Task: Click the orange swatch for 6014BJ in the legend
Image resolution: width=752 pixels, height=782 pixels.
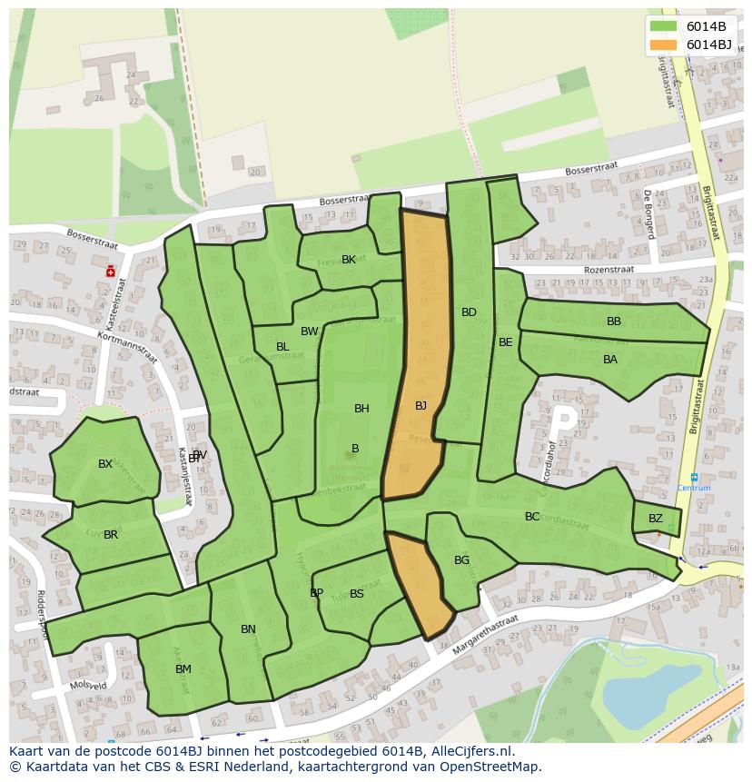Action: point(664,45)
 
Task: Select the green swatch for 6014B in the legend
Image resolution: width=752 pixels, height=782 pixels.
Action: point(664,25)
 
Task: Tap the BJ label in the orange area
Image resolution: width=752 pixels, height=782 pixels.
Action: point(421,406)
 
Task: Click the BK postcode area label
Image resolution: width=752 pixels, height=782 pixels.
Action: point(349,260)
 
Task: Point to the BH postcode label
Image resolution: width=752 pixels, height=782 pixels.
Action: point(361,409)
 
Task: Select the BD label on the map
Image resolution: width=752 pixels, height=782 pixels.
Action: point(469,312)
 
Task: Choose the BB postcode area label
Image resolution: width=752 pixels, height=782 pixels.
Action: point(614,322)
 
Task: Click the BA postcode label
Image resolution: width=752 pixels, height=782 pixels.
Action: point(610,360)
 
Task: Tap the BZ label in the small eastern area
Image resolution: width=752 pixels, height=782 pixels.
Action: point(656,519)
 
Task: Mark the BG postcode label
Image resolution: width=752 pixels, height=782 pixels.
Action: point(462,560)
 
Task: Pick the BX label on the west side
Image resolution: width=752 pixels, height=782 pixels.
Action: point(105,464)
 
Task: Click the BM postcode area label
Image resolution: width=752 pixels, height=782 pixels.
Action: point(183,669)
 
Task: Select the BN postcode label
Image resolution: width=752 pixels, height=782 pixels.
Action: point(248,629)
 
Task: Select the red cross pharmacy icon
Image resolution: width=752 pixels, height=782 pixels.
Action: point(111,271)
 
